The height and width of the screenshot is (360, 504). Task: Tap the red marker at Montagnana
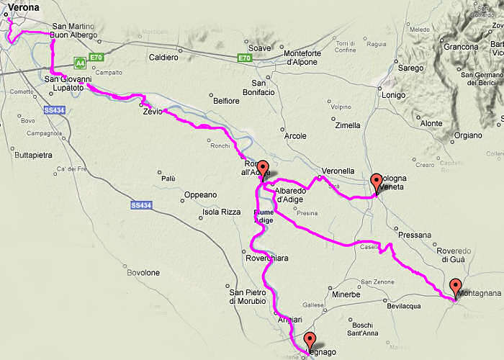pos(455,287)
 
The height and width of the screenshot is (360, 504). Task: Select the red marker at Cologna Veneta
pos(376,181)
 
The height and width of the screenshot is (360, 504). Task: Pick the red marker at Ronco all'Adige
pos(263,168)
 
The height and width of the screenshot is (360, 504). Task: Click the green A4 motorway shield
pos(79,63)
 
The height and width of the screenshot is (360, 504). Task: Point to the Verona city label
pos(23,9)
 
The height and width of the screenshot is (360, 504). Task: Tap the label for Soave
pos(259,48)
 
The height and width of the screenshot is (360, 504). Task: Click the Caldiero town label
pos(163,57)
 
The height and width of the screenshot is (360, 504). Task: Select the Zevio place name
pos(152,111)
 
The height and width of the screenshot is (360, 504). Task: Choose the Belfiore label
pos(227,101)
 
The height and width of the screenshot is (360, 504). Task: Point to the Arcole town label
pos(295,135)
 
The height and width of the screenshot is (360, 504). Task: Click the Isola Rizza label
pos(220,212)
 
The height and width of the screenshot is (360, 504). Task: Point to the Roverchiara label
pos(267,258)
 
